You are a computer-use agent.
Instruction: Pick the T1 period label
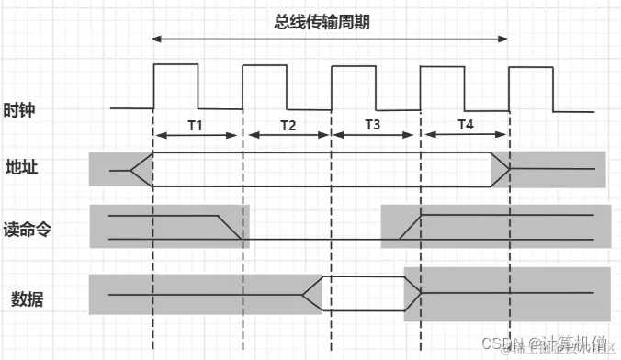click(x=196, y=124)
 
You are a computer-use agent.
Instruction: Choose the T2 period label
click(x=288, y=124)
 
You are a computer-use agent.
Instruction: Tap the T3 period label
click(x=373, y=124)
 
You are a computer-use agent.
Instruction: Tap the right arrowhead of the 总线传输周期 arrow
click(x=505, y=39)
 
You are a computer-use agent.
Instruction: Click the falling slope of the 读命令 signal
click(x=229, y=228)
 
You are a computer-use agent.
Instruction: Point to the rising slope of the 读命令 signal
click(x=411, y=228)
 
